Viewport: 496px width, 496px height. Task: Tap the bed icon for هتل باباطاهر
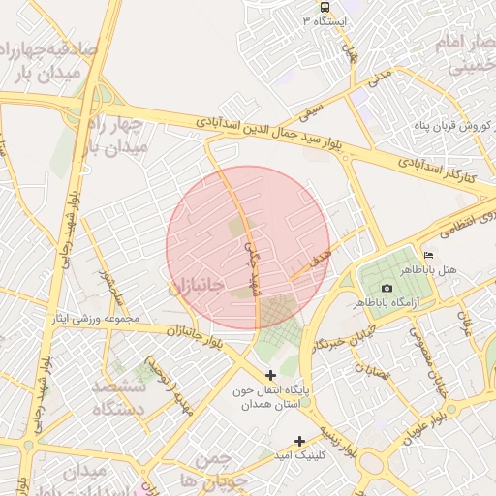pyautogui.click(x=429, y=254)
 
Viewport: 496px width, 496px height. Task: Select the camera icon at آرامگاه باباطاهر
pyautogui.click(x=387, y=288)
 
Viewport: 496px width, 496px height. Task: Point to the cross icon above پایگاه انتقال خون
pyautogui.click(x=270, y=374)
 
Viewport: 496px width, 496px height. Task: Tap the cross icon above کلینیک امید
pyautogui.click(x=300, y=441)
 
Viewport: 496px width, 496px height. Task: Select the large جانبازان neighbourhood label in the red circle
pyautogui.click(x=197, y=288)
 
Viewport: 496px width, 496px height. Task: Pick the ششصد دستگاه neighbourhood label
pyautogui.click(x=118, y=397)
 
